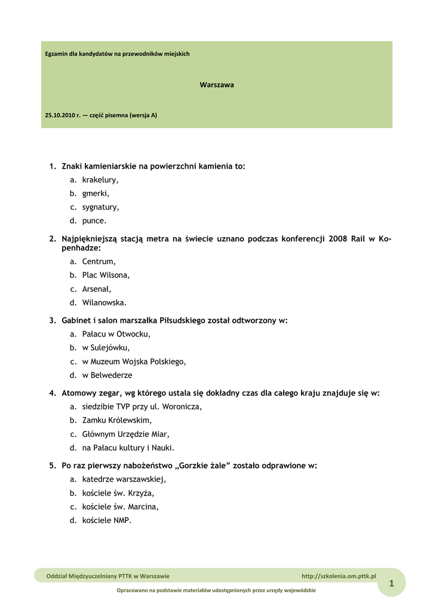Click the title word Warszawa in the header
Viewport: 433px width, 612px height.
[216, 85]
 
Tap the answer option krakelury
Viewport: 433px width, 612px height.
[100, 180]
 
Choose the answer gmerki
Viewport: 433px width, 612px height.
[96, 194]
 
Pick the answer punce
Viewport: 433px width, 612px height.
[94, 221]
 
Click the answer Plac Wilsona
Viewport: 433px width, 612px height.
[106, 276]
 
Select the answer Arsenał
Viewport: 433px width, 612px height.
[97, 289]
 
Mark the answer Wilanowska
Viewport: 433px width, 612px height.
[104, 303]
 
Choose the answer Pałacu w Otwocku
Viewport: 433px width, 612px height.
[116, 334]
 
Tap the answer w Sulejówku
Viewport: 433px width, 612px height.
[106, 348]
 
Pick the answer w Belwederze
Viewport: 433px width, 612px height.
[107, 375]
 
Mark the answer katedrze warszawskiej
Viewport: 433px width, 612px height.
[124, 479]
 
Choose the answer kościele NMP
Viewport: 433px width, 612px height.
[106, 521]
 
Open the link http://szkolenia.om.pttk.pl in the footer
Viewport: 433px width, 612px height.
[339, 576]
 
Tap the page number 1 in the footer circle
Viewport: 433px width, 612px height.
[391, 584]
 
